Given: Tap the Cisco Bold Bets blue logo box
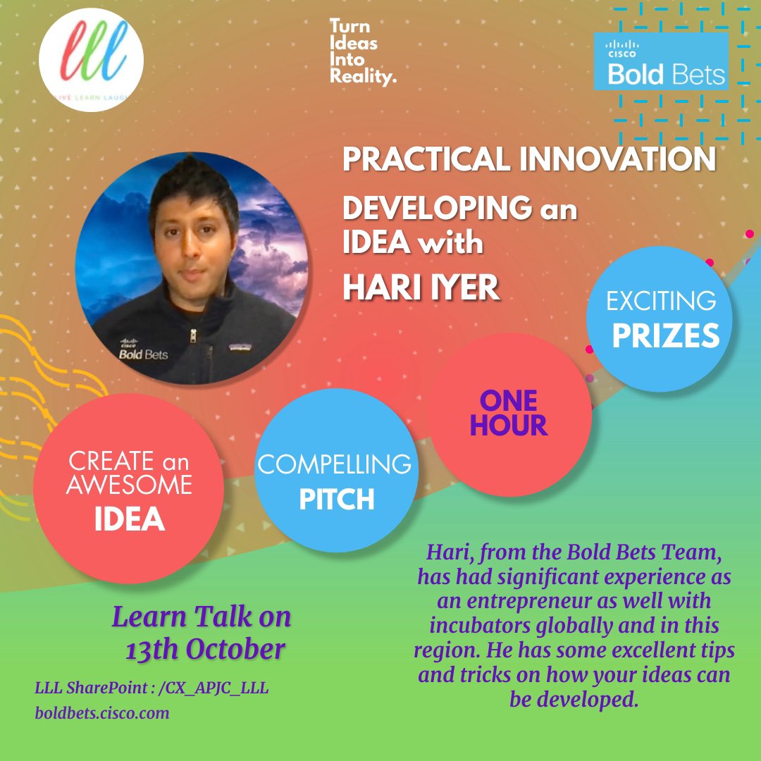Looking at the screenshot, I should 660,62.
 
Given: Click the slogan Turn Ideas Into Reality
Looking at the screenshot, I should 362,52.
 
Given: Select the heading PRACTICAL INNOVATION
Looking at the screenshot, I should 528,160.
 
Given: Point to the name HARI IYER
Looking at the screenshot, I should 421,287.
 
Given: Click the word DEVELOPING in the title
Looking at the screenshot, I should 436,209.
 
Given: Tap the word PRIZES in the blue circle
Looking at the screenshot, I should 665,336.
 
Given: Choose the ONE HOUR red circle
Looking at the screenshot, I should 509,413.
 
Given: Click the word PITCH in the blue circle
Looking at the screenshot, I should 336,499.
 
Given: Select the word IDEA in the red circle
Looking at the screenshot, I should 129,519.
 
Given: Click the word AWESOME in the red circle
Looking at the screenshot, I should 129,485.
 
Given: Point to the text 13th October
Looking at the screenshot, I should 205,649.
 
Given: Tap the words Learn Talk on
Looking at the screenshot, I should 202,618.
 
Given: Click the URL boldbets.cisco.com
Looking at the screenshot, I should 102,712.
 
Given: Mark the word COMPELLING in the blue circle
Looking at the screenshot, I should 334,465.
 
